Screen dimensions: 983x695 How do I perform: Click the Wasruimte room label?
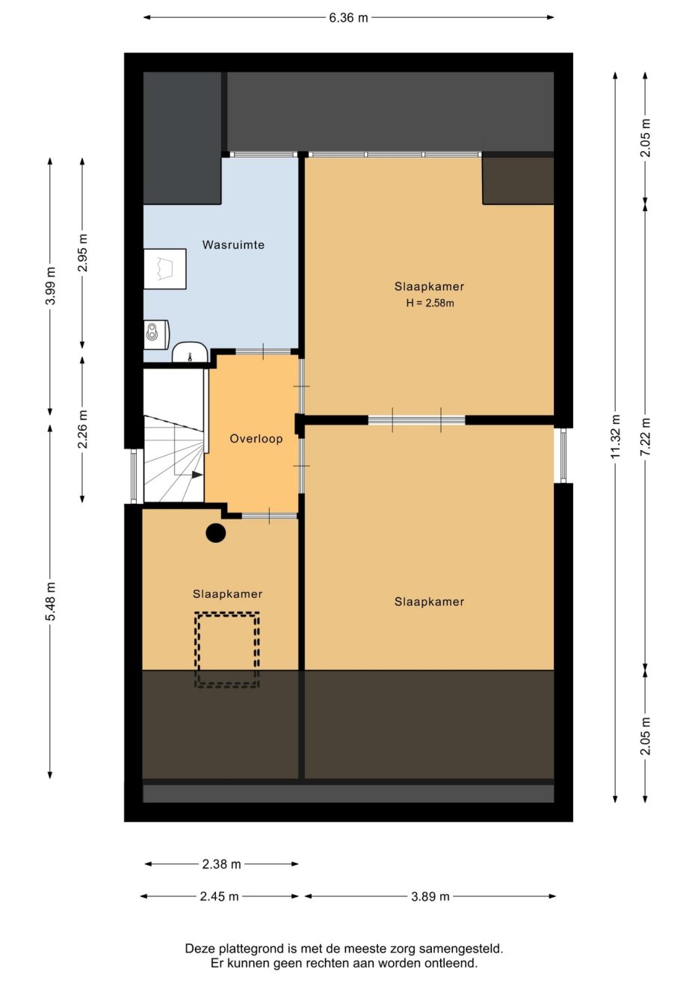233,244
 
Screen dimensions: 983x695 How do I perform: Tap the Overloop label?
256,439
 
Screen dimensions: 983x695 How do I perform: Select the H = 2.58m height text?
429,303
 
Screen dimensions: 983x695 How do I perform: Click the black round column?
216,533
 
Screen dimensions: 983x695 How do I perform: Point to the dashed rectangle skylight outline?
227,650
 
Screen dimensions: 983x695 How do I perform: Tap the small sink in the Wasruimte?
190,352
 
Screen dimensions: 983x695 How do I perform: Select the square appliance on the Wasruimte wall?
164,268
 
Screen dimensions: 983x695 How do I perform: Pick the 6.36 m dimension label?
348,18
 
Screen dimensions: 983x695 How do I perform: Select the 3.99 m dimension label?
50,286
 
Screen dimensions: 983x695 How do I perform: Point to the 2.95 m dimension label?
82,254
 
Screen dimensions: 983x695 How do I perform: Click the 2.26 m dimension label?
82,429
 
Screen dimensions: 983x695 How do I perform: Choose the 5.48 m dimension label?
50,602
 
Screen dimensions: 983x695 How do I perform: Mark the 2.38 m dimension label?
221,864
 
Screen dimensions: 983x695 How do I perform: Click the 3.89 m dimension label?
430,896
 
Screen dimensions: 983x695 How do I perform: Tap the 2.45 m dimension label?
219,896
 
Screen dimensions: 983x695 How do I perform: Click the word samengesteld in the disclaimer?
463,949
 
